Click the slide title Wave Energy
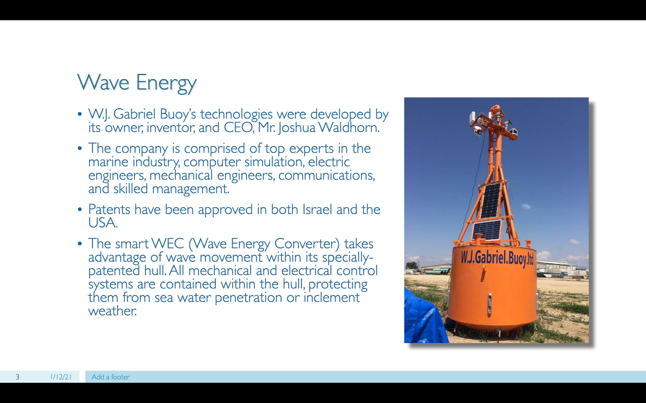(x=137, y=83)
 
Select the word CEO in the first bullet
(x=239, y=127)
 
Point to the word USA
(x=102, y=223)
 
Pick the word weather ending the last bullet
(x=112, y=311)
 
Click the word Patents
(x=109, y=209)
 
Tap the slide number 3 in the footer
(x=17, y=377)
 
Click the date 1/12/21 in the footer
(x=61, y=377)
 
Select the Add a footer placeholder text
(x=111, y=377)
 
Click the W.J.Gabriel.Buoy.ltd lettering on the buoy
(x=497, y=258)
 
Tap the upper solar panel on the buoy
(x=490, y=201)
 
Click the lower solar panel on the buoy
(x=487, y=230)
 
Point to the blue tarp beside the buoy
(x=424, y=317)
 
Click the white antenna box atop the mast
(x=473, y=119)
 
